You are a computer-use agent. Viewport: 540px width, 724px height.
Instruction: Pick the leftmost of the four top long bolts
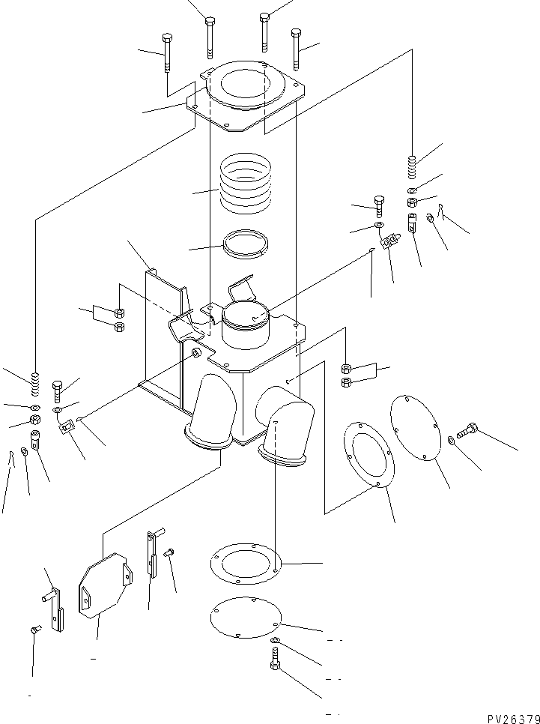(167, 52)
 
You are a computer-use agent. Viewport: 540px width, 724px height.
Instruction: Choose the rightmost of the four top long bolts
(297, 47)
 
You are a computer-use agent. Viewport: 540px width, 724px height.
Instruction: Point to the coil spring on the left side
(33, 384)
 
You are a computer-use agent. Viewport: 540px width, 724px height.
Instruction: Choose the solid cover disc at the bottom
(245, 618)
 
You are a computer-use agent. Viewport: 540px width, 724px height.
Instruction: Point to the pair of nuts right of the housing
(346, 375)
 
